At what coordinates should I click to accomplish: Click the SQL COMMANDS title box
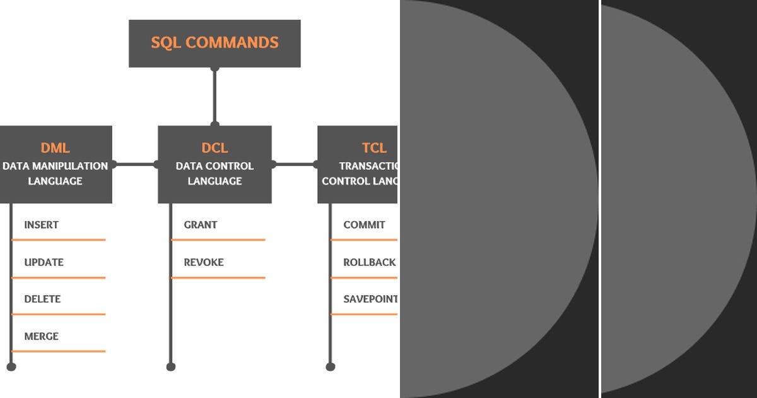click(x=214, y=43)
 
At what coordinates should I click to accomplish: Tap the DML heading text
click(x=56, y=148)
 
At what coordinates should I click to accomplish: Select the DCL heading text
click(x=214, y=148)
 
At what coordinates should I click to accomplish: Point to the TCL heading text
click(x=374, y=148)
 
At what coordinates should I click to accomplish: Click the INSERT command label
click(x=42, y=225)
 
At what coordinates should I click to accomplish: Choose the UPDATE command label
click(x=44, y=262)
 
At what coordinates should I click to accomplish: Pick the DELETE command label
click(x=42, y=299)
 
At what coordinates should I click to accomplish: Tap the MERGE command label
click(x=42, y=336)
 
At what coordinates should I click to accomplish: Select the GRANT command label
click(x=201, y=225)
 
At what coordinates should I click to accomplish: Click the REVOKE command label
click(x=204, y=262)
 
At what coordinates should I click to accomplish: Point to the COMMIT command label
click(x=364, y=225)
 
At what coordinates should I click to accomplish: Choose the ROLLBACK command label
click(x=370, y=262)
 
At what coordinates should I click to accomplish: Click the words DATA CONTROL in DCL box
click(x=214, y=166)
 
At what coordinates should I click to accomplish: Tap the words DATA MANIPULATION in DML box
click(x=56, y=166)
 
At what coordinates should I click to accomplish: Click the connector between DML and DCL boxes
click(x=135, y=164)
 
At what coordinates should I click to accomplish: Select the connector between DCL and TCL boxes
click(x=295, y=164)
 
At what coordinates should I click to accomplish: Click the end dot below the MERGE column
click(x=11, y=366)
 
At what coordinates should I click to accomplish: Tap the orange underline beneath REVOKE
click(x=218, y=277)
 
